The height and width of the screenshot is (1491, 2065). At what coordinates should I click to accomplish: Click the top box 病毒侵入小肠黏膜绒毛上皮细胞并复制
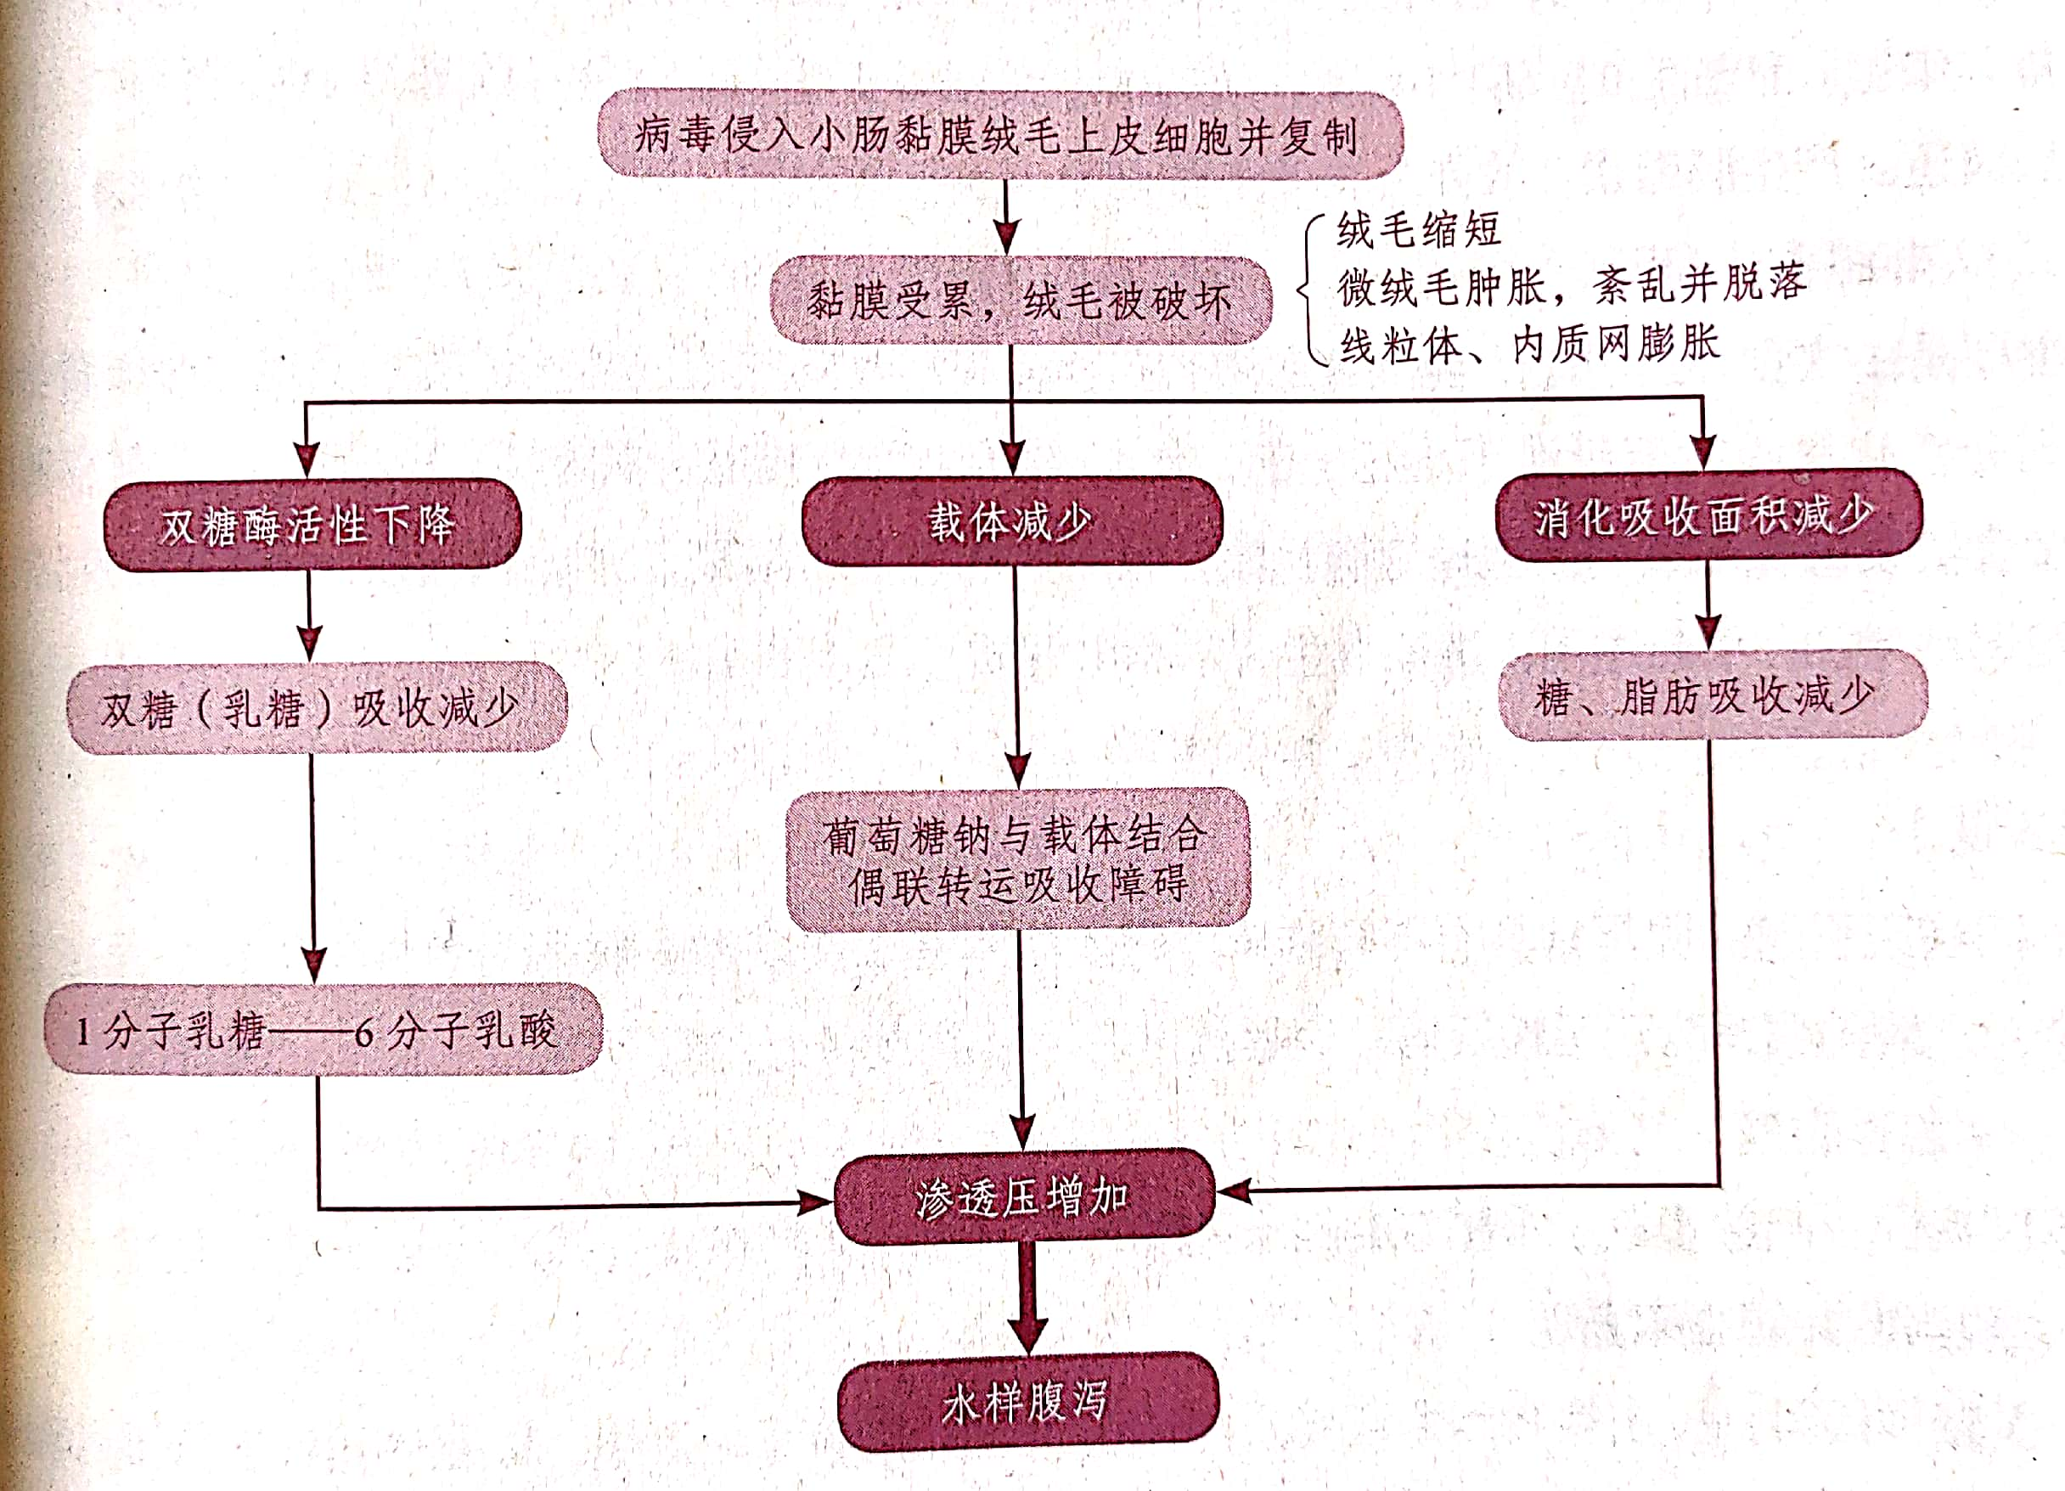click(x=999, y=134)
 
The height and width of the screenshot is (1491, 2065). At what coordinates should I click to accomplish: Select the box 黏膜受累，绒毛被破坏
click(x=1021, y=300)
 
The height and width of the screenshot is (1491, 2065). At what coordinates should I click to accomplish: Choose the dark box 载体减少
click(x=1011, y=520)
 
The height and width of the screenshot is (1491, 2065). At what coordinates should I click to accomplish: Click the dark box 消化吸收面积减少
click(x=1709, y=515)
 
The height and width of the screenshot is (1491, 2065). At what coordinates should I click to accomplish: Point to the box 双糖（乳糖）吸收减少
click(x=317, y=707)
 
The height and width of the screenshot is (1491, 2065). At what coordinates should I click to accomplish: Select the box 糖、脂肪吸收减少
click(x=1713, y=695)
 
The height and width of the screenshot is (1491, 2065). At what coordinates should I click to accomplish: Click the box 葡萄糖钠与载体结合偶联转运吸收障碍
click(x=1018, y=859)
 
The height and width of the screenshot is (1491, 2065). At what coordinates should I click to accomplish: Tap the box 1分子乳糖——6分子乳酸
click(x=324, y=1028)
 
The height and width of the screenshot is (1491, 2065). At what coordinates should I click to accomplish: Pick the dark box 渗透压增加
click(x=1024, y=1196)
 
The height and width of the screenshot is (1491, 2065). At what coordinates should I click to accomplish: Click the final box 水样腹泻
click(x=1028, y=1401)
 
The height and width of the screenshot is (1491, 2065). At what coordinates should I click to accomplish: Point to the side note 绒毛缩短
click(x=1419, y=229)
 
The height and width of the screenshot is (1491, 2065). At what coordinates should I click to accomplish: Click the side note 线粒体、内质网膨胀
click(x=1529, y=345)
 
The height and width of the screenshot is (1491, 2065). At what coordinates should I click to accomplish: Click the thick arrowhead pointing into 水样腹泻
click(x=1028, y=1335)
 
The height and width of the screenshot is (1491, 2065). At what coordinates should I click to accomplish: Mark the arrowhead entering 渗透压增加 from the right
click(x=1235, y=1190)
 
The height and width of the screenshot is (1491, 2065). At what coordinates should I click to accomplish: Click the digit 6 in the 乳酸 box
click(x=364, y=1033)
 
